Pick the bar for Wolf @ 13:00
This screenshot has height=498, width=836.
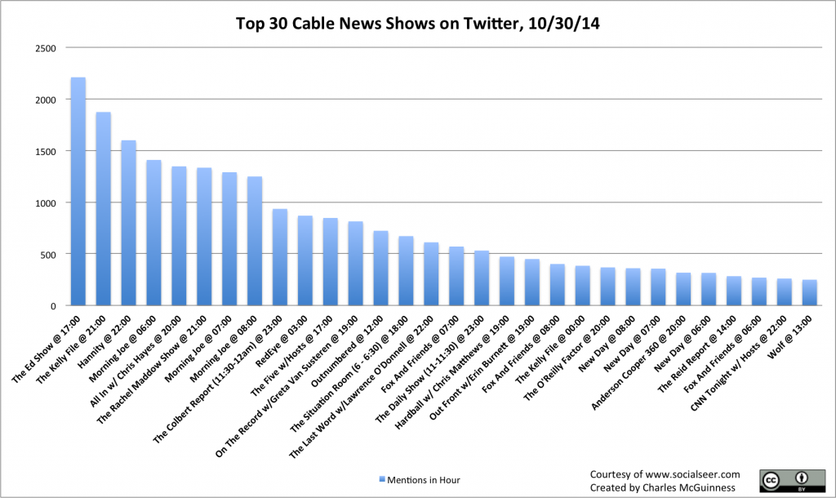pyautogui.click(x=809, y=293)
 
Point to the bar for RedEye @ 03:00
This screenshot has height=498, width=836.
pyautogui.click(x=305, y=260)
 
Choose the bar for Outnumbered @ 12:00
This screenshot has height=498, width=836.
pyautogui.click(x=380, y=269)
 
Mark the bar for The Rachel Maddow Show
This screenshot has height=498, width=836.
pyautogui.click(x=204, y=237)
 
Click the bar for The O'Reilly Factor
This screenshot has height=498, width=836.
pyautogui.click(x=607, y=287)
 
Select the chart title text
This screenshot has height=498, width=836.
pyautogui.click(x=418, y=24)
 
